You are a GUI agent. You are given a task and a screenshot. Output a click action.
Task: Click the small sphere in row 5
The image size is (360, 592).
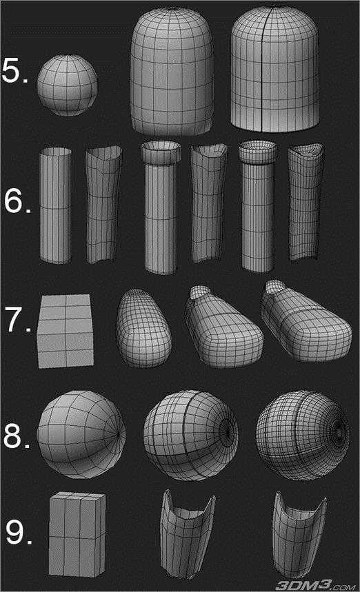coord(67,85)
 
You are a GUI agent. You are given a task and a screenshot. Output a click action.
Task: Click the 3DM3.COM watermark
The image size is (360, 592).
coord(316,586)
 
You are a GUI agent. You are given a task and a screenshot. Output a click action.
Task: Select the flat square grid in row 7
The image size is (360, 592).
coord(66,331)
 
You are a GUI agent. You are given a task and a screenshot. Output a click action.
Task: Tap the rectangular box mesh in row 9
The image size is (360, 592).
coord(77,534)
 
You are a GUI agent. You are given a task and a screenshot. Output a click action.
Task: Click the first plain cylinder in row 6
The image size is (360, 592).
coord(56,205)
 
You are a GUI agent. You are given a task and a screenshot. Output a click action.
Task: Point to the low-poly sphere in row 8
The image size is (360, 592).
coord(81,435)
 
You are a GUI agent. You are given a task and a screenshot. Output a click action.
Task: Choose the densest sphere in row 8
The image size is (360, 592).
coord(303,435)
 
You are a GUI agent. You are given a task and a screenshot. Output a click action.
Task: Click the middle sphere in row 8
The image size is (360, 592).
coord(191,436)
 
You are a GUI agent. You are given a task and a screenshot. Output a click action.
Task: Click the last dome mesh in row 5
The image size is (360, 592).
coord(274,70)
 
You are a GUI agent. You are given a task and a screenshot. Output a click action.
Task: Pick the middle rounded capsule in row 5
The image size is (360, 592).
coord(172,72)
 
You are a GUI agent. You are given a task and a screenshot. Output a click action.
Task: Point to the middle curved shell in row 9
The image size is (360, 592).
coord(187,534)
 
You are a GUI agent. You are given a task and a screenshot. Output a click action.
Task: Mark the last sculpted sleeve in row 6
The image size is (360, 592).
coord(306,202)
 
